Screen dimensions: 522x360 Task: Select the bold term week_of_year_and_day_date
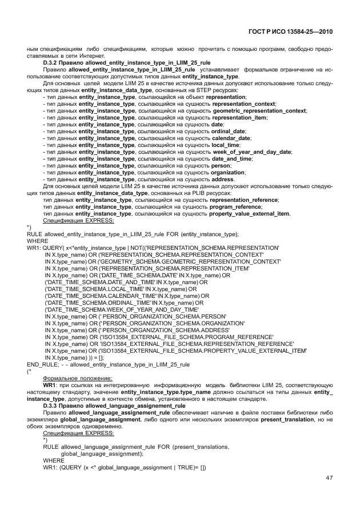point(247,152)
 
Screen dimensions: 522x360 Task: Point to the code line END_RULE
point(108,364)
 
